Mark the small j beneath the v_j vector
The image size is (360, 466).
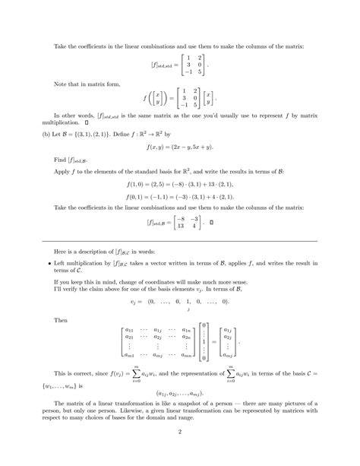point(187,309)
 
